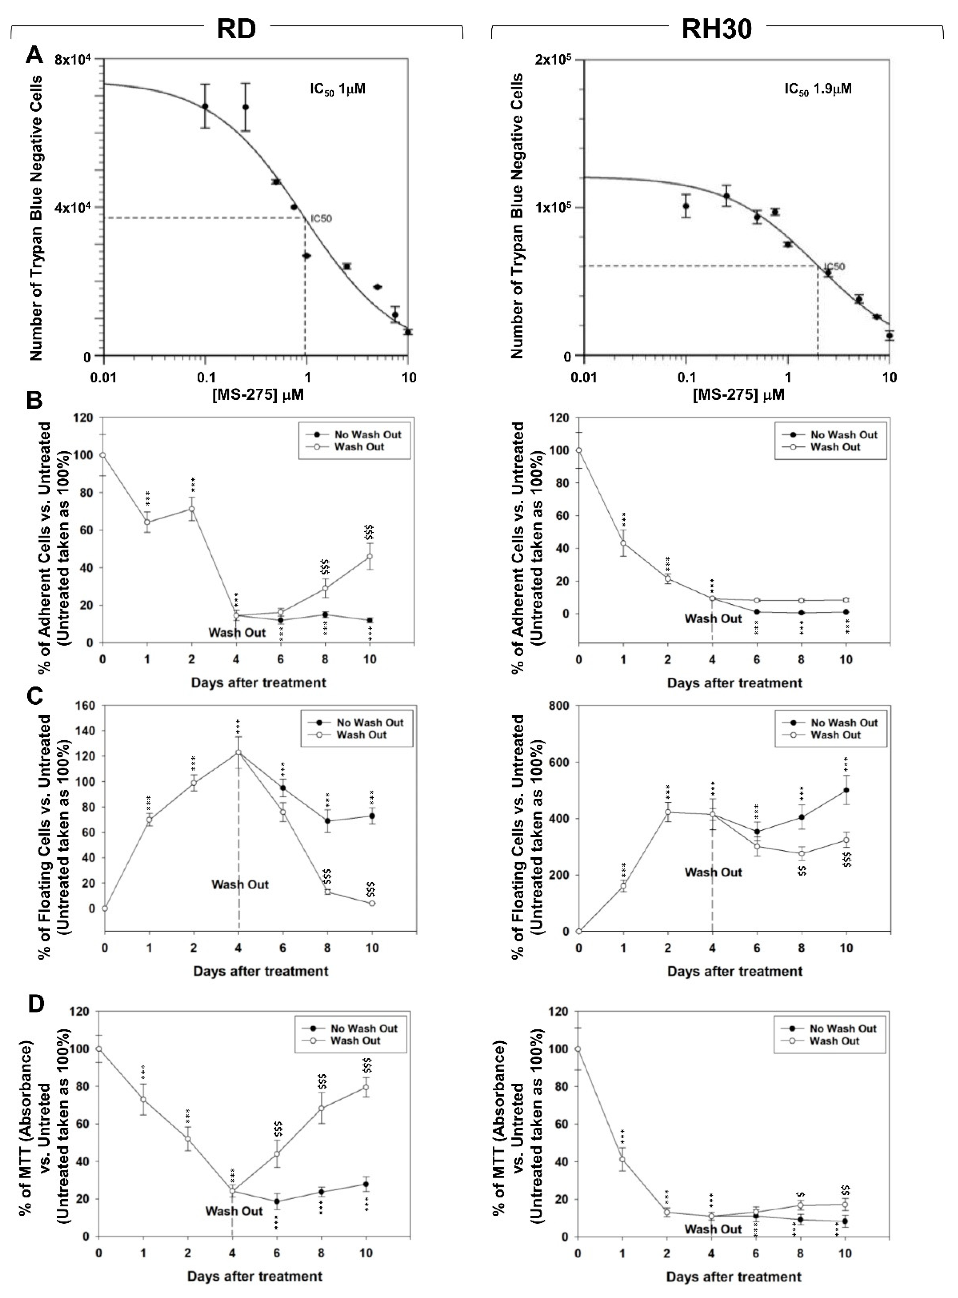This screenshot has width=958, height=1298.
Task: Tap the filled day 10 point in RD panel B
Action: (370, 620)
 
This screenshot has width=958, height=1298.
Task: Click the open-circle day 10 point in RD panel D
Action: (366, 1087)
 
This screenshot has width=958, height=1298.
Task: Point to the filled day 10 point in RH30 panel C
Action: (846, 790)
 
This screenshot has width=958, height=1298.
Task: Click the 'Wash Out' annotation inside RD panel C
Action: (240, 884)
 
